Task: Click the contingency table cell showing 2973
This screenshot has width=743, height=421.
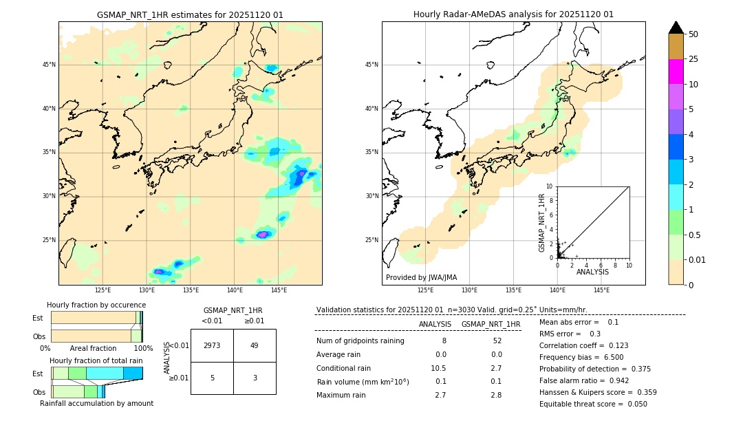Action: [x=212, y=345]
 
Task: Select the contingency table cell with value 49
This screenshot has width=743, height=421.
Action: [x=254, y=345]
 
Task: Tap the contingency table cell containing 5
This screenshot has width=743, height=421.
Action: [x=212, y=378]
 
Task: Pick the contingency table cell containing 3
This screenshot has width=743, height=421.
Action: [x=254, y=378]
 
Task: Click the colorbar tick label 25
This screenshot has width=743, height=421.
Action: [x=693, y=59]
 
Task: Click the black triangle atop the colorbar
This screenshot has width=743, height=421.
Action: [x=676, y=28]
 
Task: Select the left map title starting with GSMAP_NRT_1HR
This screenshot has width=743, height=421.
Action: [x=190, y=14]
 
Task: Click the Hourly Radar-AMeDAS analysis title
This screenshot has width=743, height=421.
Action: [x=513, y=14]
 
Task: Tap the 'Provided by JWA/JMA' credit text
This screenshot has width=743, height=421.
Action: [x=421, y=277]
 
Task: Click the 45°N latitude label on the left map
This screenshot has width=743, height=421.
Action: [x=49, y=65]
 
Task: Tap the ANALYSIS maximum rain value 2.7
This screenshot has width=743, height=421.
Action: [x=440, y=395]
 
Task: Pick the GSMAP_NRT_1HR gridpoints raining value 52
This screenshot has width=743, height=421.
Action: [x=497, y=341]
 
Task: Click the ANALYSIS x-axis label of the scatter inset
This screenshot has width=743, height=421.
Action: [x=592, y=272]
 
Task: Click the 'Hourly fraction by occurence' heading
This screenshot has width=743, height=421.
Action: [x=96, y=305]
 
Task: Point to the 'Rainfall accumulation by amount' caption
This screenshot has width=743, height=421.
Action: [x=96, y=403]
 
